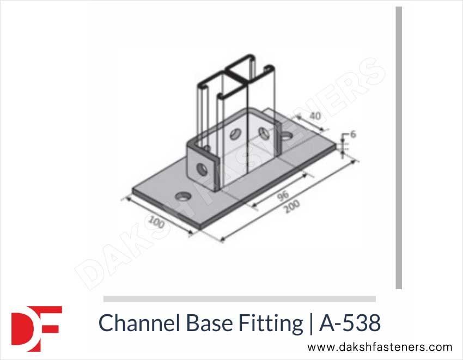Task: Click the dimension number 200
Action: (291, 209)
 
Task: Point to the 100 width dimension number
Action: (156, 224)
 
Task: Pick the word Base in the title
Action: (208, 323)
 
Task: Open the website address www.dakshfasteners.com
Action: (380, 347)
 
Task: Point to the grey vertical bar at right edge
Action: (399, 147)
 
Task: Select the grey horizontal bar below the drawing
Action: (240, 298)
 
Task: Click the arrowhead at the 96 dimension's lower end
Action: (252, 206)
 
